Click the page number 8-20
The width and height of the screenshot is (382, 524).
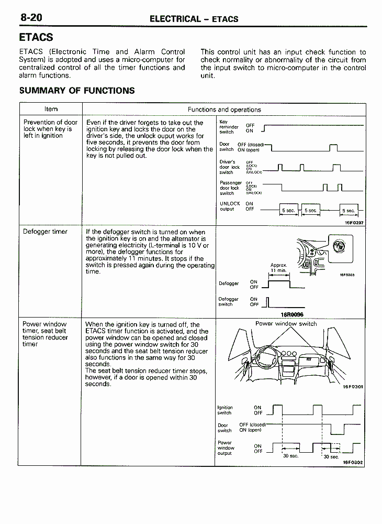[31, 17]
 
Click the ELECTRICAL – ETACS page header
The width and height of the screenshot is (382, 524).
[194, 19]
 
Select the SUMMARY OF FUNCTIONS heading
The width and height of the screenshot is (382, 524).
[77, 91]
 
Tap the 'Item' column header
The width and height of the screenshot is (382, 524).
[51, 110]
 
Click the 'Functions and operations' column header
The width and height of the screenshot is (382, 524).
[224, 110]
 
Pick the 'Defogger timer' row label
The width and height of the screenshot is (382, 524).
[45, 232]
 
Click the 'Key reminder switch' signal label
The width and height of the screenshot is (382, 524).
[229, 127]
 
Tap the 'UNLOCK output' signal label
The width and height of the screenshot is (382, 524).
[230, 206]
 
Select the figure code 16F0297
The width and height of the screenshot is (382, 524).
[354, 223]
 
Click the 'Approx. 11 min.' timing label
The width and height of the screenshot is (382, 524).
[278, 267]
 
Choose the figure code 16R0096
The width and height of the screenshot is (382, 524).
[292, 314]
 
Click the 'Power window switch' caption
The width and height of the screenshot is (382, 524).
[286, 324]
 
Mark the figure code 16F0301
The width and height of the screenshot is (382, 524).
[353, 387]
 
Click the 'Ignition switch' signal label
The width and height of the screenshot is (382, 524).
[225, 410]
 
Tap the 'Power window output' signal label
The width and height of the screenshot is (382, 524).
[226, 448]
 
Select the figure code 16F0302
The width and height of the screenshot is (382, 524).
[353, 463]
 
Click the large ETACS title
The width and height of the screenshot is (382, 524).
[36, 38]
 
